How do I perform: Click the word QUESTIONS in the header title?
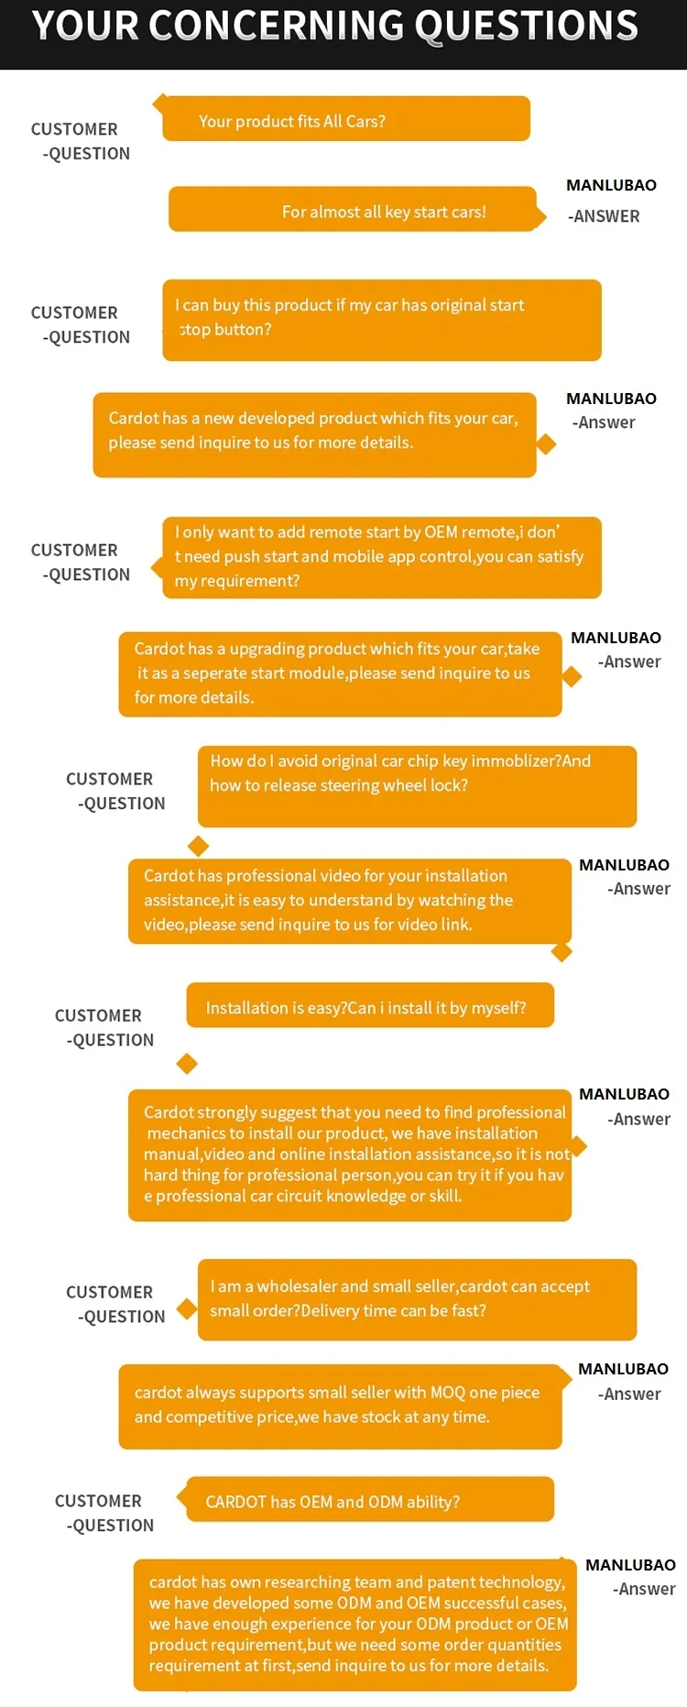pos(526,26)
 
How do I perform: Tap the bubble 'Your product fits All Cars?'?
pos(346,120)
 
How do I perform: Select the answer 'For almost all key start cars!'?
pos(354,211)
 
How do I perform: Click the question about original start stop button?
pos(381,319)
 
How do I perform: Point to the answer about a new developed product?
pos(314,434)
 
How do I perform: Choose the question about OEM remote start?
pos(381,557)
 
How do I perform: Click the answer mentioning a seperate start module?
pos(340,673)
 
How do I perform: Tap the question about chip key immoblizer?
pos(417,785)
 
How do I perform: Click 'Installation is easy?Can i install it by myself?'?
pos(370,1006)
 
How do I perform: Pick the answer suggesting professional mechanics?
pos(349,1154)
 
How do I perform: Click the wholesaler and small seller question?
pos(417,1299)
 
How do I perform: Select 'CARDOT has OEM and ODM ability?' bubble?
pos(370,1500)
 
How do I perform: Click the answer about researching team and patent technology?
pos(354,1625)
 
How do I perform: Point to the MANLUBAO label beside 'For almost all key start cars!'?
pos(611,185)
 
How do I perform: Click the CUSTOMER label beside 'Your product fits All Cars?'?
pos(74,129)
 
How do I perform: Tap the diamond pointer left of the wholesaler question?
pos(187,1308)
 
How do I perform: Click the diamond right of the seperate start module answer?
pos(572,676)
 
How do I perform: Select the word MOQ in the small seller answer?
pos(448,1393)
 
